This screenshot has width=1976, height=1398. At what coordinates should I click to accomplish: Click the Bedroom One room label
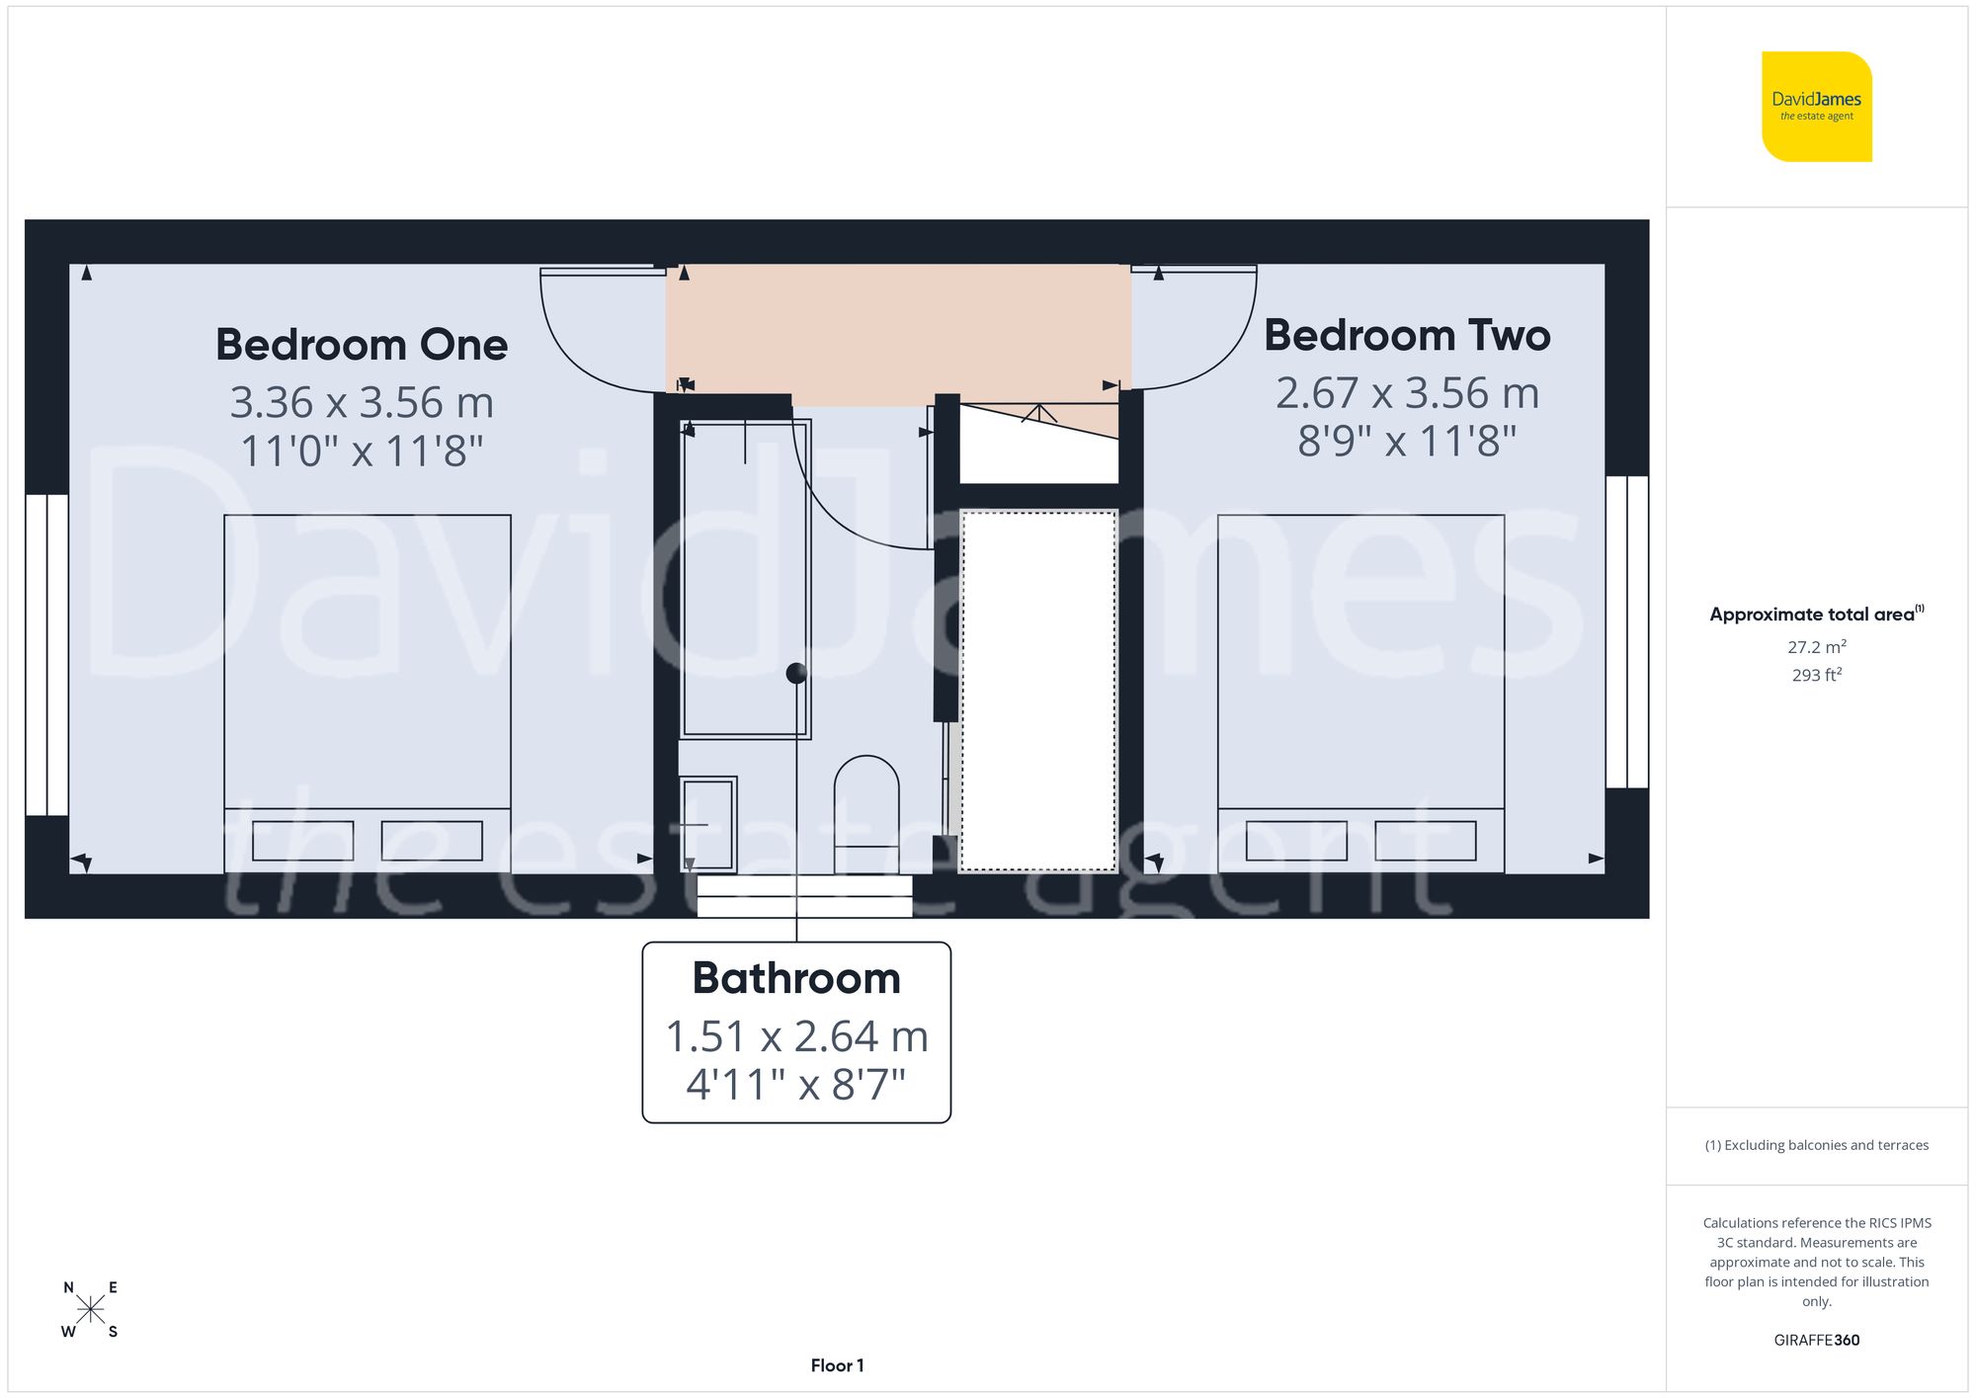tap(362, 345)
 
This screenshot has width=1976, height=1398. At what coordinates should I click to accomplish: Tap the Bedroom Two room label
tap(1407, 336)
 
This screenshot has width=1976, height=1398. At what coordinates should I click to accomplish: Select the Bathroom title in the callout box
tap(796, 978)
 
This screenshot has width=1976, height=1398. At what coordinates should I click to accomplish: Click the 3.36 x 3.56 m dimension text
tap(362, 402)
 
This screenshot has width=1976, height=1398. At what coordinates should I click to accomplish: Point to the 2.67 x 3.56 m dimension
tap(1407, 393)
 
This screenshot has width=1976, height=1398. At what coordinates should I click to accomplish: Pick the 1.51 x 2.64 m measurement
tap(796, 1036)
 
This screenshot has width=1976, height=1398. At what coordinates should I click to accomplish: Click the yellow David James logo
tap(1816, 107)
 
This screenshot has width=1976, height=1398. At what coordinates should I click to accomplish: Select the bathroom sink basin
tap(708, 824)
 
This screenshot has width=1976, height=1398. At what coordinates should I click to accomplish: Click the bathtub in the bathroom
tap(746, 578)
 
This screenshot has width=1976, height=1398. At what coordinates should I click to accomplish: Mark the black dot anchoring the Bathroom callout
tap(796, 674)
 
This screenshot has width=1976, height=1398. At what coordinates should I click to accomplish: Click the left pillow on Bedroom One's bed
tap(303, 841)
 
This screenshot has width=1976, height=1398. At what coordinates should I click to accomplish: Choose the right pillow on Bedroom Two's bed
tap(1425, 841)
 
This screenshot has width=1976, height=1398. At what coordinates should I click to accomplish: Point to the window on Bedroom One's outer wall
tap(46, 654)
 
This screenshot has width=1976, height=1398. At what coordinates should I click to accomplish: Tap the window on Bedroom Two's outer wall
tap(1627, 631)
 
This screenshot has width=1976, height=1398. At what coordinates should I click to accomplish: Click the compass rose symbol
tap(90, 1310)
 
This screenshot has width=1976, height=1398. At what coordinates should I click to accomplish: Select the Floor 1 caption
tap(837, 1365)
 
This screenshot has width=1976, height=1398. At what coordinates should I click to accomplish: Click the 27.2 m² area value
tap(1816, 647)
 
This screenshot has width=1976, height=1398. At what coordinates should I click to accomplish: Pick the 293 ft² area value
tap(1816, 676)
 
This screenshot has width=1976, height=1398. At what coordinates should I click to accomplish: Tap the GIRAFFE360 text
tap(1816, 1341)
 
